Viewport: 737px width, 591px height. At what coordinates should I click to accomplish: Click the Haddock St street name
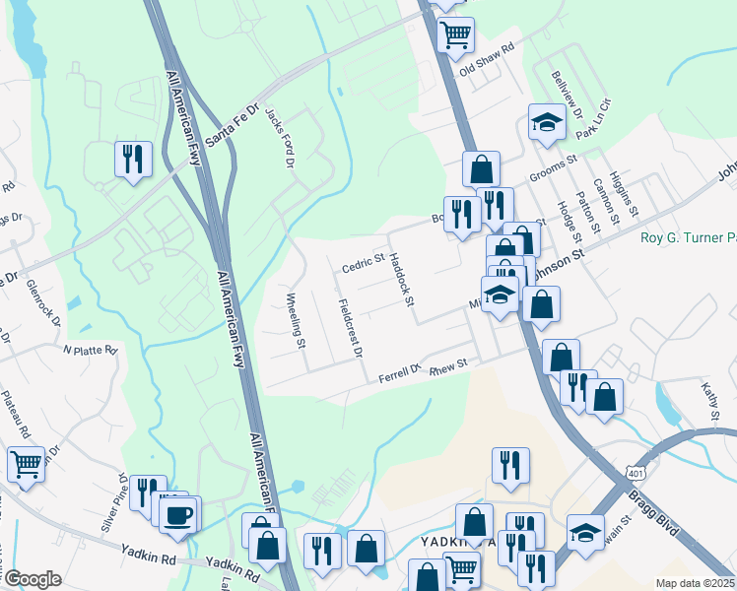400,280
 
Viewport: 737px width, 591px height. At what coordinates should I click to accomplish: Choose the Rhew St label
447,364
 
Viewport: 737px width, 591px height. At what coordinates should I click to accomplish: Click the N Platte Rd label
90,350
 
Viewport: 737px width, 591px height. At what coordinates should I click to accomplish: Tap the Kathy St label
710,400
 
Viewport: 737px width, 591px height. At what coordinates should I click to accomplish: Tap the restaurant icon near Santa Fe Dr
131,159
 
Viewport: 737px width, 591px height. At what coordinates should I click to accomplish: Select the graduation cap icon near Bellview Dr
546,122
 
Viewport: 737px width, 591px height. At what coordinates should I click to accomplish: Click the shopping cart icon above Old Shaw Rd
454,34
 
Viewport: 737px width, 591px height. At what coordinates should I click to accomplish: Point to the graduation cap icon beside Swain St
585,533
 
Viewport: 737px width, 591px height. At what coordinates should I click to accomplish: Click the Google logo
33,579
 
